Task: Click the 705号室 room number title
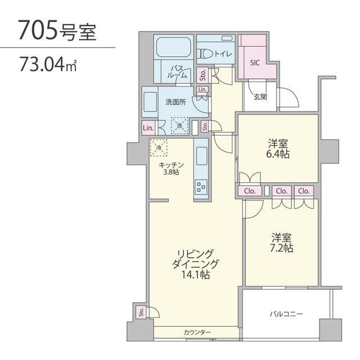[57, 30]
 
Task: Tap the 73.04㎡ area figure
[48, 64]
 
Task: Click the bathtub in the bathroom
[174, 47]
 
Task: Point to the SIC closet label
[255, 62]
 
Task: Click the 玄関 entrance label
[260, 97]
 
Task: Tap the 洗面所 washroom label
[175, 102]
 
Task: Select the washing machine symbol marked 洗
[180, 125]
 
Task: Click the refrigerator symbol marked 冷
[159, 147]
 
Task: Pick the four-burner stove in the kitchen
[201, 187]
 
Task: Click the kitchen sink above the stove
[201, 156]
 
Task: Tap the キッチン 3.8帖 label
[171, 168]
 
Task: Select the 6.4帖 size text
[277, 154]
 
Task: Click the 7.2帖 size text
[281, 248]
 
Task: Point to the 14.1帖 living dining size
[196, 274]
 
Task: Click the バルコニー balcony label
[286, 314]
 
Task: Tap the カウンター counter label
[197, 332]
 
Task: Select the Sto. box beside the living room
[141, 312]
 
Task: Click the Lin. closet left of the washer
[148, 128]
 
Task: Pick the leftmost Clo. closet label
[250, 191]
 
